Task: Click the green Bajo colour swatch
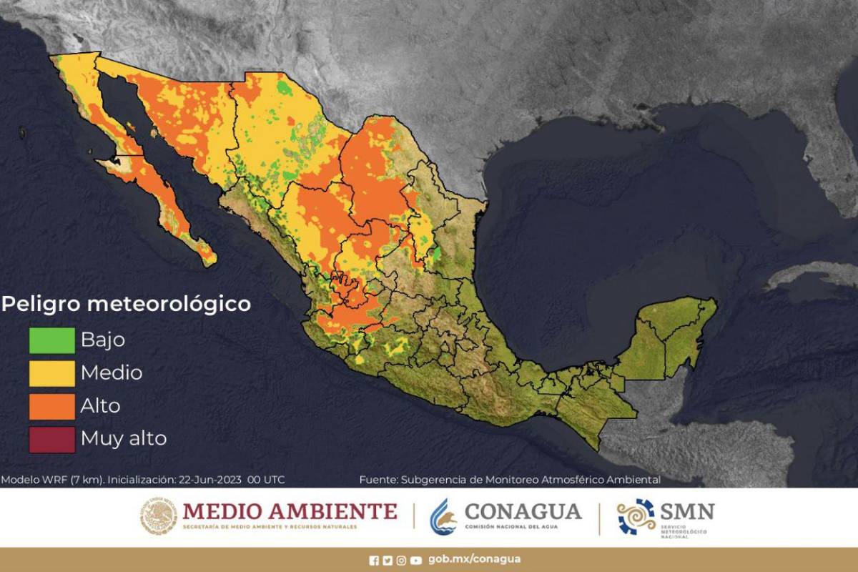(x=51, y=340)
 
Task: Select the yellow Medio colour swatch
(x=51, y=373)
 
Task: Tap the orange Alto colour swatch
(x=51, y=405)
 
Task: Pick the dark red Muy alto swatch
(x=51, y=438)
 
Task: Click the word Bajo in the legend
(x=102, y=340)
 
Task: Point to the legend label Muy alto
(x=123, y=438)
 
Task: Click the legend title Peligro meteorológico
(x=126, y=304)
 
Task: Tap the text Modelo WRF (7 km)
(x=52, y=480)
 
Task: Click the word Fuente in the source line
(x=378, y=480)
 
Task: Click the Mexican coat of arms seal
(x=159, y=516)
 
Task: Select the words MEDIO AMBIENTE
(x=290, y=511)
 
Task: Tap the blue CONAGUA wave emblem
(x=443, y=516)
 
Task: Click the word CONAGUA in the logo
(x=523, y=511)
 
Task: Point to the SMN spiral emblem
(x=636, y=516)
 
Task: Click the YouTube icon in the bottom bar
(x=416, y=561)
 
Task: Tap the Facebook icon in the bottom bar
(x=374, y=561)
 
